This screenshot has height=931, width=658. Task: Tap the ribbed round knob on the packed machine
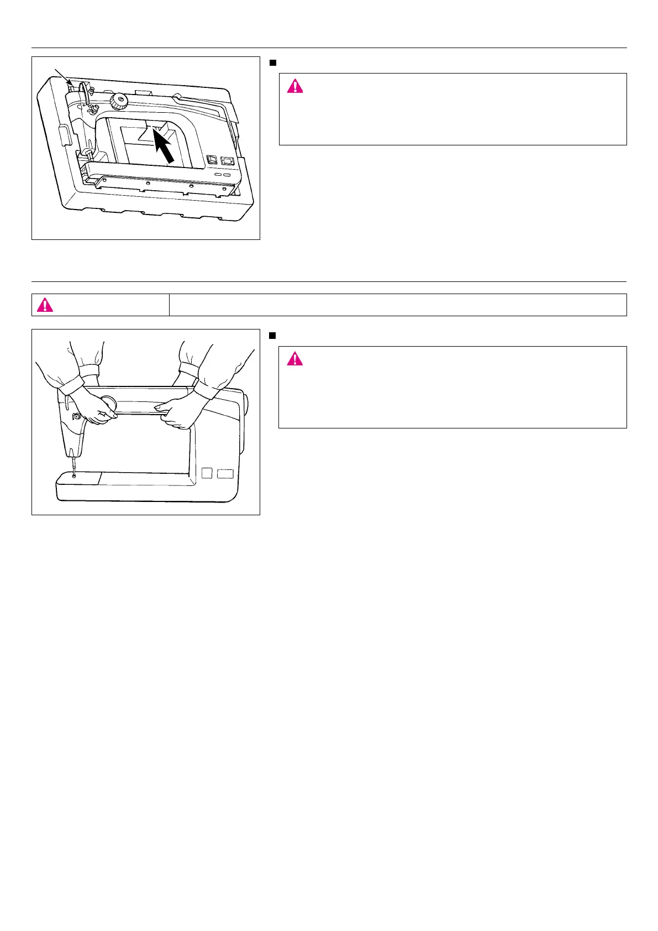point(118,101)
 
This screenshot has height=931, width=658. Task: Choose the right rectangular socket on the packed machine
point(227,161)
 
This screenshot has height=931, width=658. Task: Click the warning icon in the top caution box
point(295,86)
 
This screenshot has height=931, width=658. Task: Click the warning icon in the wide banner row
point(45,305)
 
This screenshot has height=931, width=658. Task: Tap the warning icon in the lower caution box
point(295,359)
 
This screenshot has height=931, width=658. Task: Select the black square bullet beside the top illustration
point(272,62)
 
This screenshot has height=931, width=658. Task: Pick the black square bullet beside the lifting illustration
point(272,336)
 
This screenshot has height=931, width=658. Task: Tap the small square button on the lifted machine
point(207,473)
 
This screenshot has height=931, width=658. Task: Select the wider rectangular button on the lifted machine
point(225,474)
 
